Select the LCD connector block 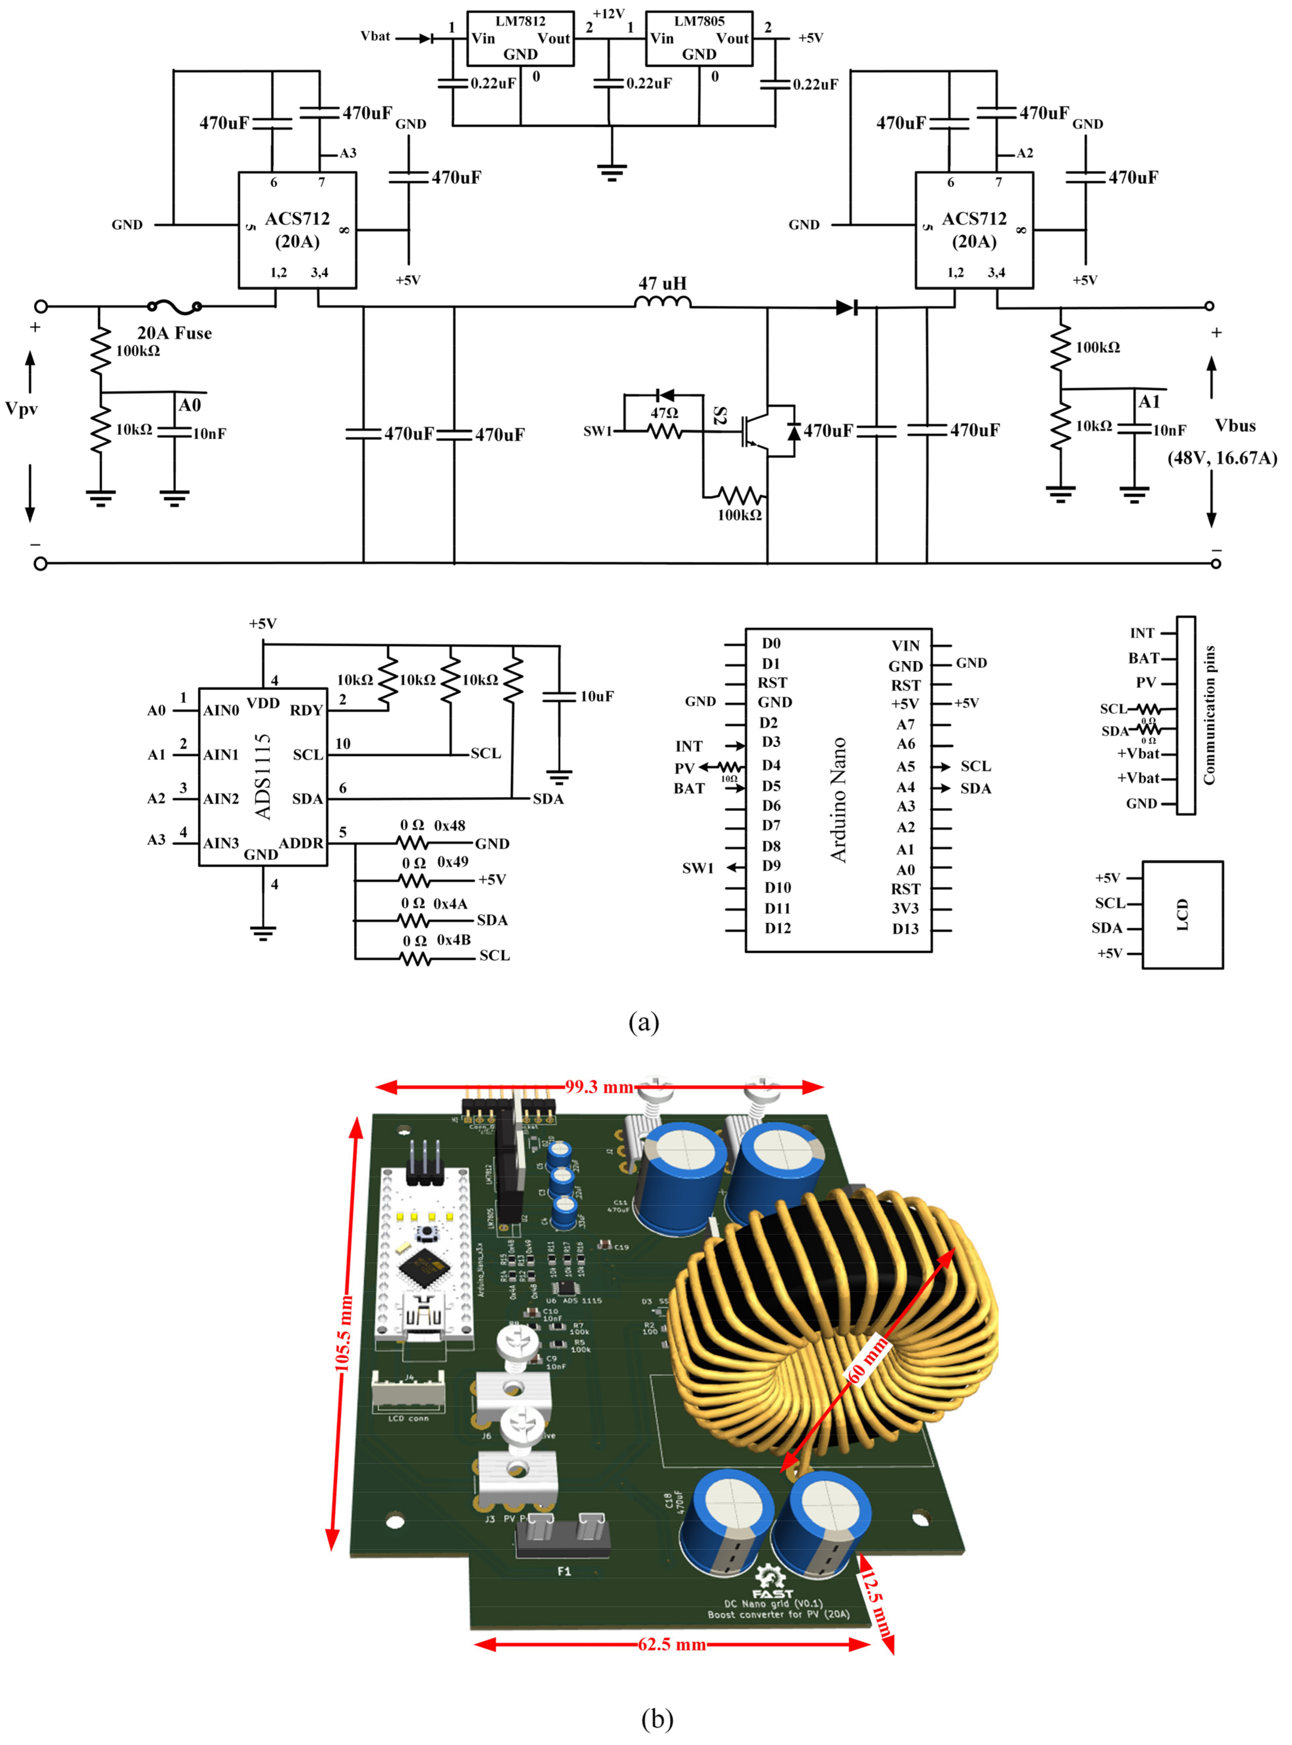1182,915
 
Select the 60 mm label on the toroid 868,1360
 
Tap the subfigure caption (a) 644,1022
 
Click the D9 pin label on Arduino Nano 771,865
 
